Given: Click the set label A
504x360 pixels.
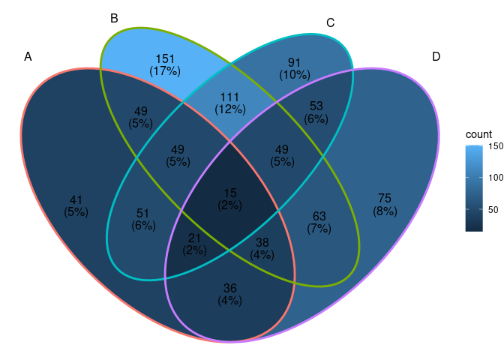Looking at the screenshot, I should click(28, 57).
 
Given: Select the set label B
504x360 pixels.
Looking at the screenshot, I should click(114, 19).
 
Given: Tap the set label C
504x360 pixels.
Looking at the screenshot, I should click(330, 23).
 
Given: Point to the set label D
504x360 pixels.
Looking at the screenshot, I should click(436, 57).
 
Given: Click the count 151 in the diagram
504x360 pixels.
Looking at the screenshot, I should click(165, 59).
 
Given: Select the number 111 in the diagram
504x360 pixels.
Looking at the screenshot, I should click(229, 97).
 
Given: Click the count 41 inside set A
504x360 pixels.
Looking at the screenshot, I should click(76, 199).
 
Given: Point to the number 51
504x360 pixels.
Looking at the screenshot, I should click(142, 212).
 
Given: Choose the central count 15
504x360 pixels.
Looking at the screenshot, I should click(229, 193).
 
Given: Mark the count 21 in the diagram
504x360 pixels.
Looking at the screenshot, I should click(195, 238).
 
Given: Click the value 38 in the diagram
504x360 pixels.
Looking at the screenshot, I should click(262, 242).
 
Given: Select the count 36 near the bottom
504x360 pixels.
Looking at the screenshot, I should click(229, 288).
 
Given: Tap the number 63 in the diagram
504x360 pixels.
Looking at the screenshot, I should click(319, 216).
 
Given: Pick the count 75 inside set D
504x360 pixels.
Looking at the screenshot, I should click(385, 199).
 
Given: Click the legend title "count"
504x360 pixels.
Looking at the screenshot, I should click(478, 134).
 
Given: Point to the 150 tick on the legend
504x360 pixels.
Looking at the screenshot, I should click(494, 146).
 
